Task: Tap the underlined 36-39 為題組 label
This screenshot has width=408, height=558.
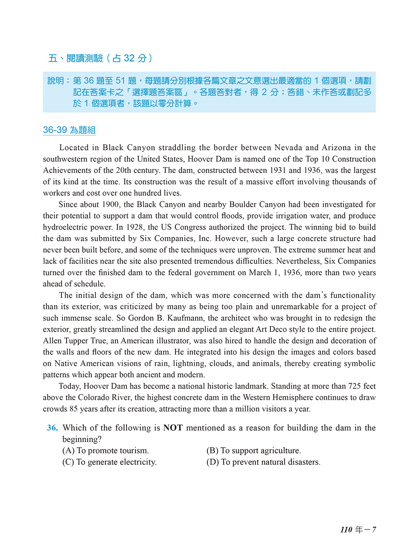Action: click(x=69, y=130)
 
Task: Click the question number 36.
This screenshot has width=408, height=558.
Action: click(x=52, y=428)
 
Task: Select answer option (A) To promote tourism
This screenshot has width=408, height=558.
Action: click(x=106, y=450)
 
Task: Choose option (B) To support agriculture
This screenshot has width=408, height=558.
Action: click(x=254, y=450)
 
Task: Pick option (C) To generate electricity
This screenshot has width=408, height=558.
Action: click(x=109, y=462)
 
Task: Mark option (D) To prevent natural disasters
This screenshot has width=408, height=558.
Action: click(x=264, y=462)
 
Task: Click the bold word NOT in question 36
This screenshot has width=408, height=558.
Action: click(x=173, y=428)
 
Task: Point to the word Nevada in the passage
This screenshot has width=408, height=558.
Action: click(x=288, y=148)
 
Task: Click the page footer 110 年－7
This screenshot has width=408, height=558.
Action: click(x=358, y=529)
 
